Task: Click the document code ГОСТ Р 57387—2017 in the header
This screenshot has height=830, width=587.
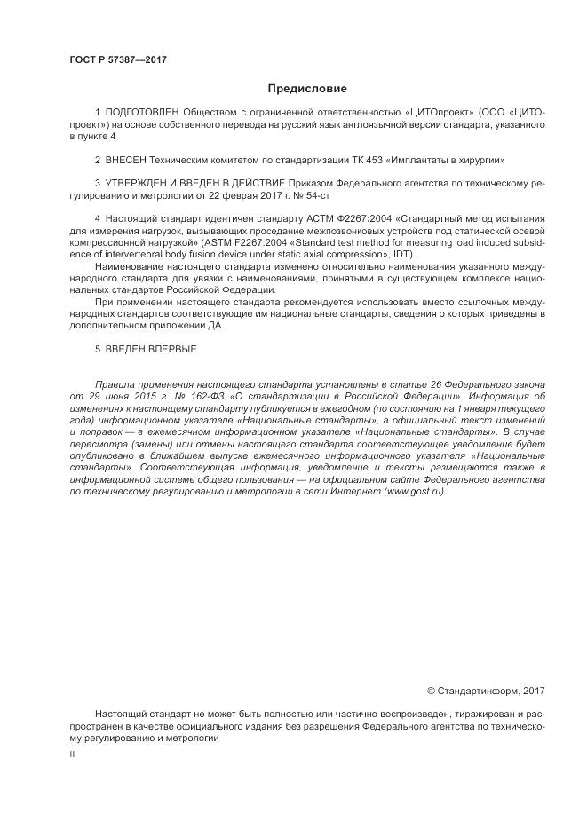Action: tap(117, 59)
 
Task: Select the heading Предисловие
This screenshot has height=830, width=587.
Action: tap(307, 89)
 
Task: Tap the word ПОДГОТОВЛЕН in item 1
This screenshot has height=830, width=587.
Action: tap(141, 115)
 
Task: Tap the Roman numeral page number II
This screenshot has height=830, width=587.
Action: tap(72, 753)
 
